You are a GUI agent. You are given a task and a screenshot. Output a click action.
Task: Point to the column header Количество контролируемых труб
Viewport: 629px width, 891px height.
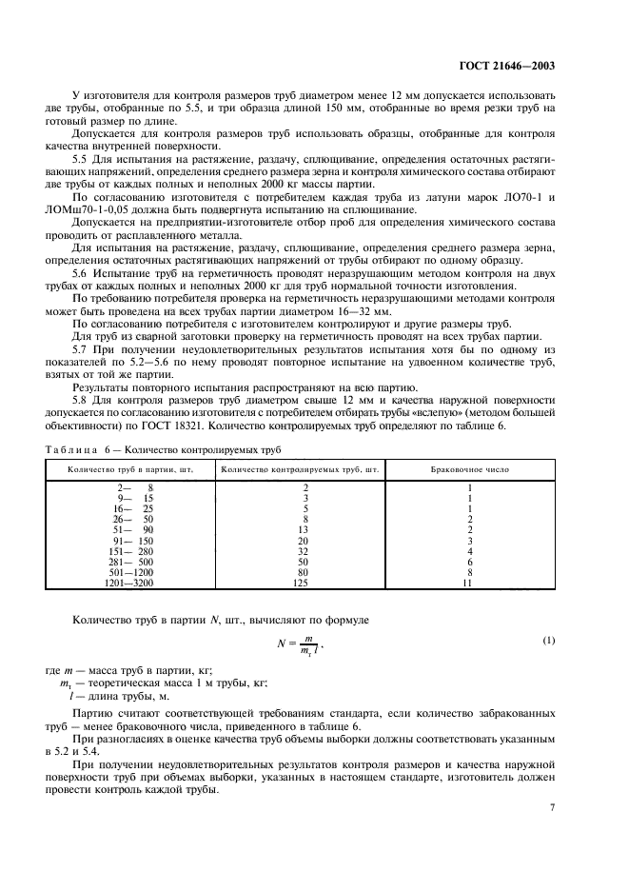(300, 469)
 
